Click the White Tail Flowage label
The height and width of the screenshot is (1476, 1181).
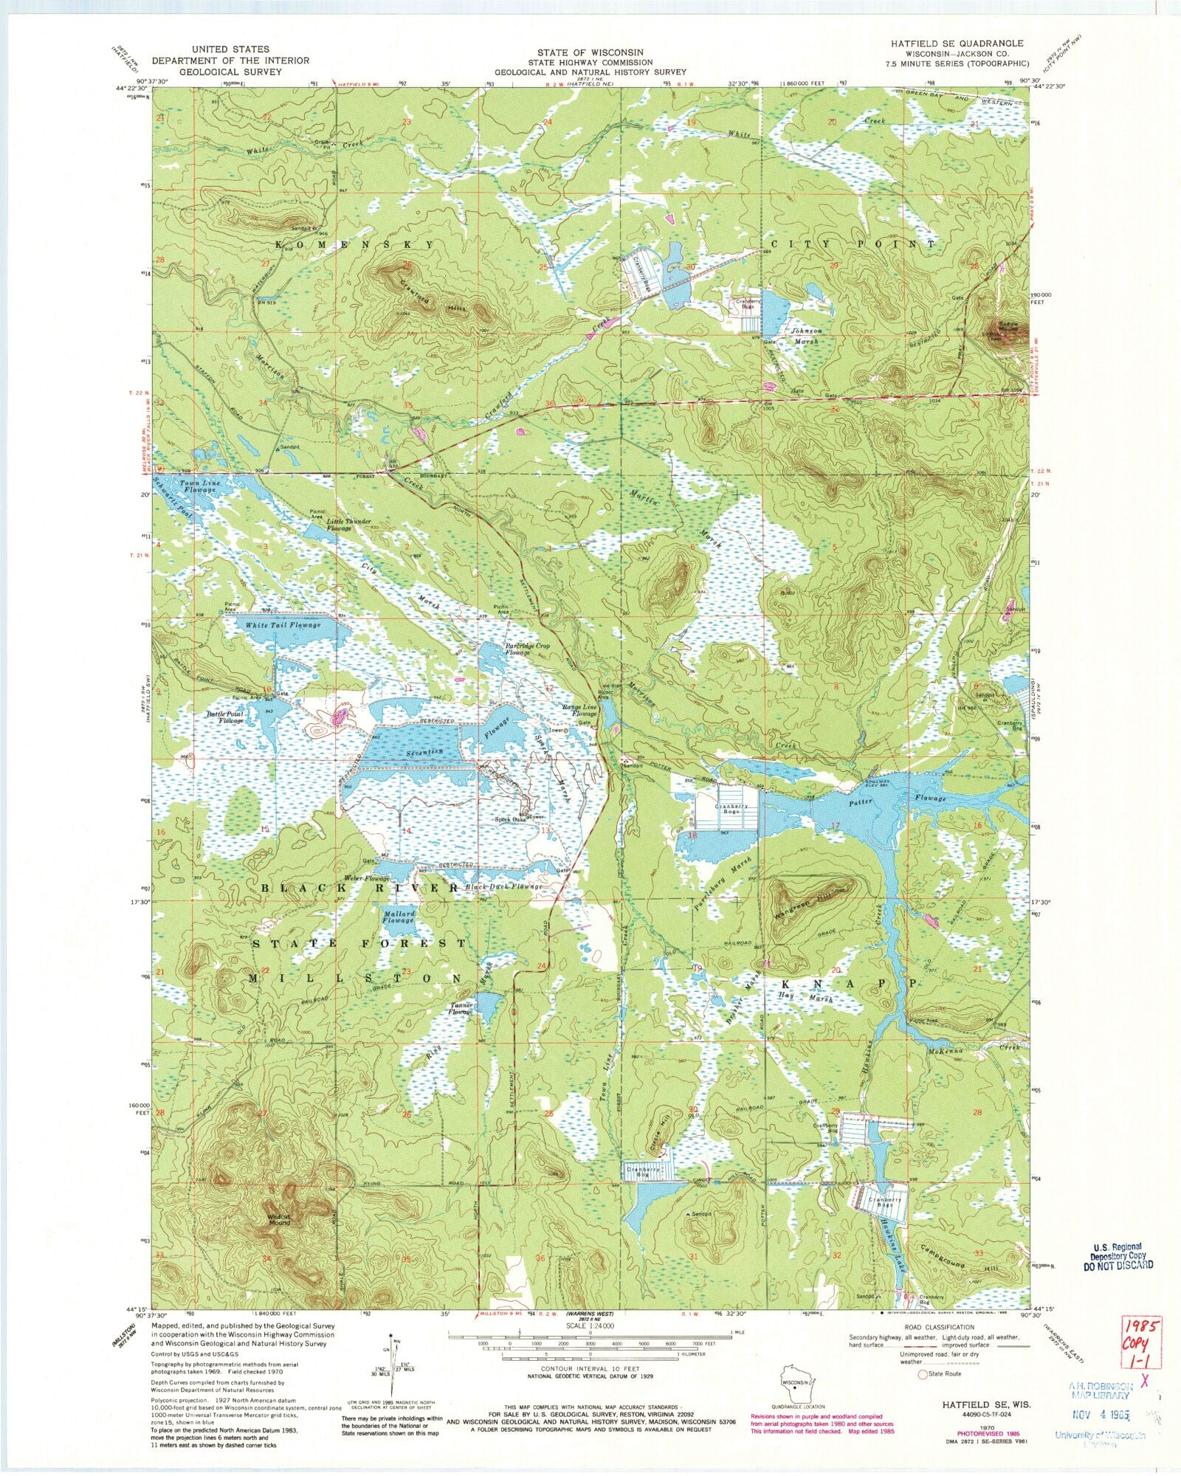pyautogui.click(x=283, y=625)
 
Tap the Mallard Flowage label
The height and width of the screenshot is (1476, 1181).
pyautogui.click(x=399, y=917)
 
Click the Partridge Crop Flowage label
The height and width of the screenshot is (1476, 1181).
pyautogui.click(x=527, y=649)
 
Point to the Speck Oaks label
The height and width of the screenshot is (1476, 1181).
pyautogui.click(x=510, y=819)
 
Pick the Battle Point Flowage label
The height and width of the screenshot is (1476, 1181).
pyautogui.click(x=225, y=717)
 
